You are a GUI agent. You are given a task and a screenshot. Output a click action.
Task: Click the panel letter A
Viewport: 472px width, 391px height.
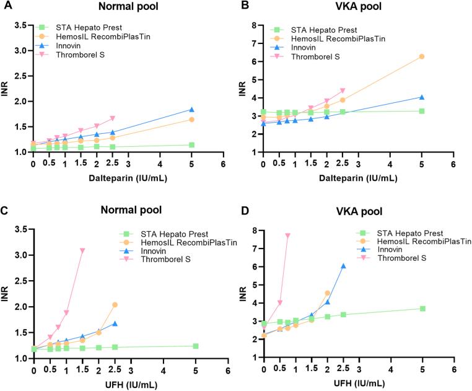point(6,7)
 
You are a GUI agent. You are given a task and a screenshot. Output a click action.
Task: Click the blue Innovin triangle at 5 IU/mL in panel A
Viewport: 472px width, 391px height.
point(192,110)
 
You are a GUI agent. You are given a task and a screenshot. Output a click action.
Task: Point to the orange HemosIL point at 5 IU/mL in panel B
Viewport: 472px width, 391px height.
point(422,56)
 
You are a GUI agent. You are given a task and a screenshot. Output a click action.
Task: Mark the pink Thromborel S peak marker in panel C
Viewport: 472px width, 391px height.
point(82,250)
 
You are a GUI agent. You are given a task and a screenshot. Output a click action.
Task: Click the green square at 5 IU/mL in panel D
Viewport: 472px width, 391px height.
point(422,309)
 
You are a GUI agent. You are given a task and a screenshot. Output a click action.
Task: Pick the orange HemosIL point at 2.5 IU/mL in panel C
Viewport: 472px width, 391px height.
point(115,305)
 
